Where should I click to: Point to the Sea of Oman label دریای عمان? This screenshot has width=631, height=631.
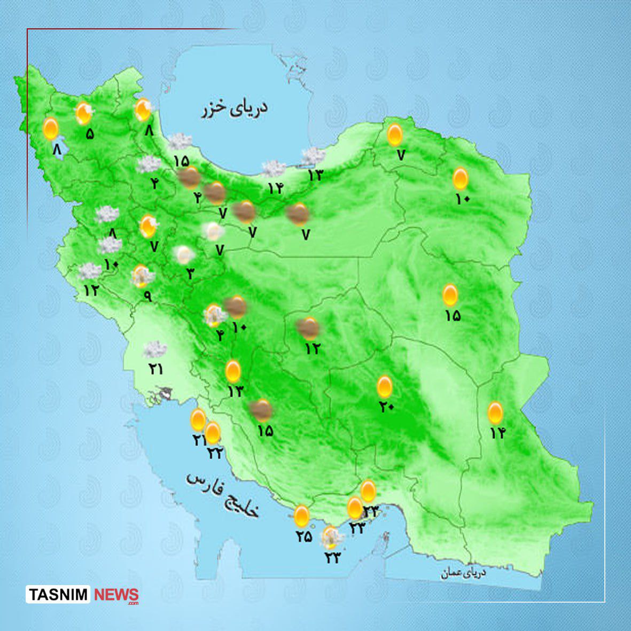coord(464,573)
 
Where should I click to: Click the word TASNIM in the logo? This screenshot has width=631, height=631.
coord(59,595)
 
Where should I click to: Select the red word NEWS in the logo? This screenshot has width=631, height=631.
coord(116,595)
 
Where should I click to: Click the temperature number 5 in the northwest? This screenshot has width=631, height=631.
coord(89,134)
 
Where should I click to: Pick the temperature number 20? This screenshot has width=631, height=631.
coord(386,407)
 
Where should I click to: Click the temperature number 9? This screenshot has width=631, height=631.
coord(148,295)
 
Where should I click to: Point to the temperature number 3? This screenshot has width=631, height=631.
coord(190,274)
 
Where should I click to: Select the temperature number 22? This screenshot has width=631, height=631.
coord(214,454)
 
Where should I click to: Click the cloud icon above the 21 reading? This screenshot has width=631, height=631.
coord(154,350)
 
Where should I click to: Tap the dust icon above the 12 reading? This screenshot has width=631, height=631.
coord(308,328)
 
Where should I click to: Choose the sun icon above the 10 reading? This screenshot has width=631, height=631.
coord(461,178)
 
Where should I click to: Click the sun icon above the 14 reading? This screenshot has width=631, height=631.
coord(495,412)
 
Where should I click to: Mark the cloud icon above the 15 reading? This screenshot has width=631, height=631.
coord(180,142)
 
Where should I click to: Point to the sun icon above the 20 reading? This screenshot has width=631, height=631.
coord(385,386)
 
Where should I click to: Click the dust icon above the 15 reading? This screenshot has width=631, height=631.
coord(261,410)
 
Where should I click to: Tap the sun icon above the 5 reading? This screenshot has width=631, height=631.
coord(83,113)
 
